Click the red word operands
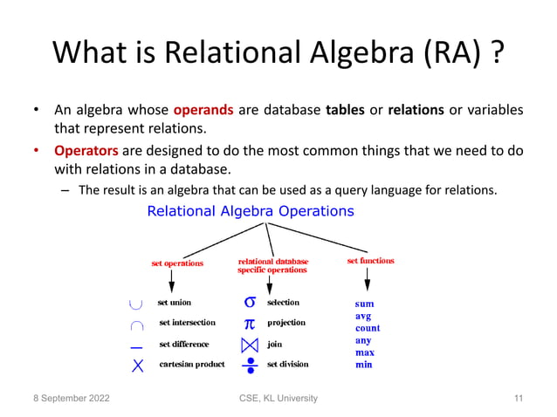[x=203, y=111]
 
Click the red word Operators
[x=86, y=150]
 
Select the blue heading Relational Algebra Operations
[x=250, y=211]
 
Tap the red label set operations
[x=177, y=263]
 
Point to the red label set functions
[x=370, y=261]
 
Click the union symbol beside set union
[x=135, y=304]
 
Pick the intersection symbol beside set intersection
[x=136, y=324]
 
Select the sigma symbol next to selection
[x=250, y=303]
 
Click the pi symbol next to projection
[x=250, y=323]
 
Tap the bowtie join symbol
[x=250, y=344]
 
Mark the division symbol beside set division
[x=250, y=364]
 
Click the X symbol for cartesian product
[x=137, y=365]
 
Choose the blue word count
[x=368, y=328]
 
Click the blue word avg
[x=363, y=316]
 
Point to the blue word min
[x=363, y=365]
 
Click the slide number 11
[x=519, y=399]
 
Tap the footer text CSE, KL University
[x=278, y=399]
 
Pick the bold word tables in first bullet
[x=345, y=111]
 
